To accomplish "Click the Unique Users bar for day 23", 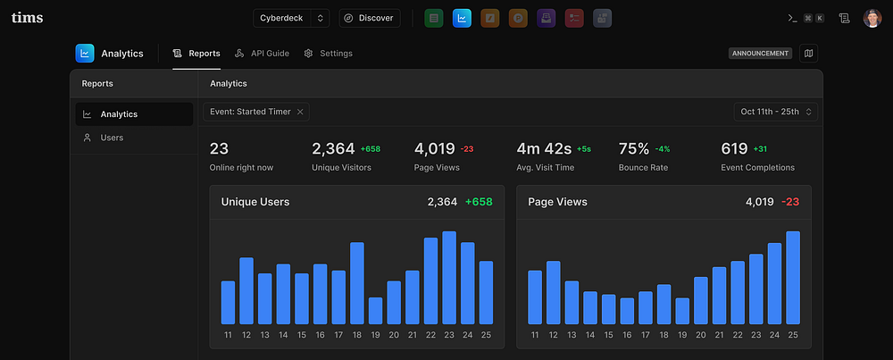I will click(x=449, y=278).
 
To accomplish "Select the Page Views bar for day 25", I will click(x=793, y=278).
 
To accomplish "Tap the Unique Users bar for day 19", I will click(x=375, y=311).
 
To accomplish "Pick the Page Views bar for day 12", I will click(x=554, y=292).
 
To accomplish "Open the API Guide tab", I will click(x=263, y=54).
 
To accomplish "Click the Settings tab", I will click(x=328, y=54).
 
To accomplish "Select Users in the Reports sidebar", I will click(x=112, y=138).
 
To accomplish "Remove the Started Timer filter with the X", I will click(x=301, y=112).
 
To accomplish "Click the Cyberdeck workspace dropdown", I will click(x=291, y=18).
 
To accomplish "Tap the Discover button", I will click(x=370, y=18).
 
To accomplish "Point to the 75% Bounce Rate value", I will click(x=634, y=149).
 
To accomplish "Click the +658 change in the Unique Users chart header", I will click(x=479, y=202).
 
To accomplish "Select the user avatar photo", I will click(x=872, y=18).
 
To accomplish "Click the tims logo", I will click(x=27, y=18).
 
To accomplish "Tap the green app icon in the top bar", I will click(x=434, y=18).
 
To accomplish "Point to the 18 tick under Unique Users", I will click(x=357, y=335).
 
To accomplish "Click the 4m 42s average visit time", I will click(x=544, y=149).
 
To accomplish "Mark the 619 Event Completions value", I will click(x=734, y=149).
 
